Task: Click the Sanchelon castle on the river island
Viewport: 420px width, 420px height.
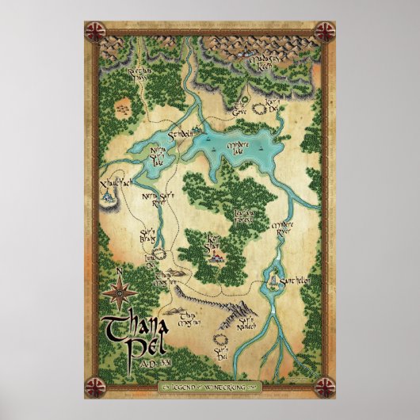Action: pyautogui.click(x=274, y=281)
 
